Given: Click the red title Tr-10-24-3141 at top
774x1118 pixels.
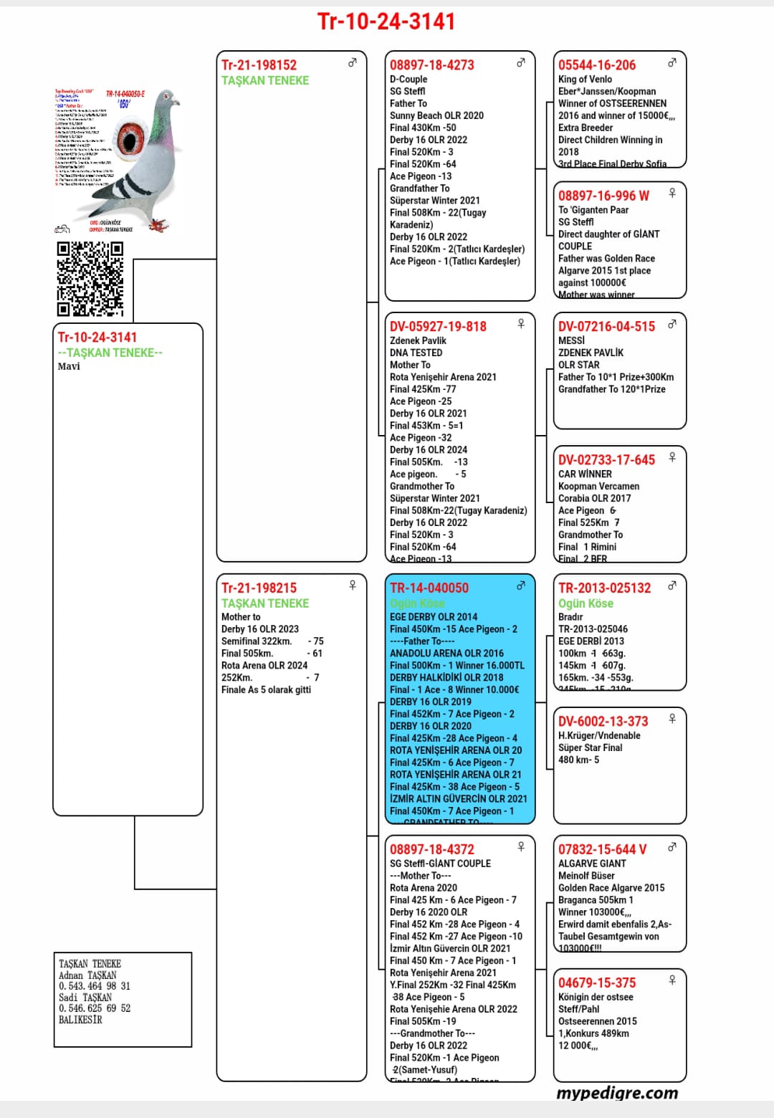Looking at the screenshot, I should click(386, 21).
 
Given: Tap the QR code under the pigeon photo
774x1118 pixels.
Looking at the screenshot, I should click(90, 278).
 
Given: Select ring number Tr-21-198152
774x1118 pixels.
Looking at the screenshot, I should click(259, 65).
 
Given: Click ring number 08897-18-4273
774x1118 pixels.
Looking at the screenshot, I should click(431, 65).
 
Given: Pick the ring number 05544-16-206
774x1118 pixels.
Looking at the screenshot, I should click(596, 65).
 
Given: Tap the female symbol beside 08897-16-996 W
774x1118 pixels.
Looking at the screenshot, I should click(672, 193).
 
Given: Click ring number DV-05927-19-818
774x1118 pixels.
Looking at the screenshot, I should click(438, 327).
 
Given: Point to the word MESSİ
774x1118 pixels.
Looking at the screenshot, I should click(571, 341).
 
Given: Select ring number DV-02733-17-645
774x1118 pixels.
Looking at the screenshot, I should click(606, 460).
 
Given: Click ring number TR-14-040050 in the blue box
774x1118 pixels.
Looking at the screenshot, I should click(429, 588).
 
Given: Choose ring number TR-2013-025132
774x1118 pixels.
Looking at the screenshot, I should click(604, 588).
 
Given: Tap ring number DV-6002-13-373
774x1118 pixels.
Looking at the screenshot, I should click(603, 722).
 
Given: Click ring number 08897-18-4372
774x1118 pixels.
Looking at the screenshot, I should click(431, 850).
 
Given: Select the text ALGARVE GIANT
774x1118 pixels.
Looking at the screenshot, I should click(592, 864).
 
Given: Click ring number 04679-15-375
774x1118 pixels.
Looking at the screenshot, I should click(596, 983).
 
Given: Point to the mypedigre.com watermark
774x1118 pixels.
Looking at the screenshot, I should click(617, 1093).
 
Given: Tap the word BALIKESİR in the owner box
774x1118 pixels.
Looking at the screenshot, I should click(80, 1019).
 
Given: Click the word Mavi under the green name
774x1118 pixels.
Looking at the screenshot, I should click(69, 366).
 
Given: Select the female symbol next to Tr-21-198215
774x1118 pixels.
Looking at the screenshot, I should click(353, 586).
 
